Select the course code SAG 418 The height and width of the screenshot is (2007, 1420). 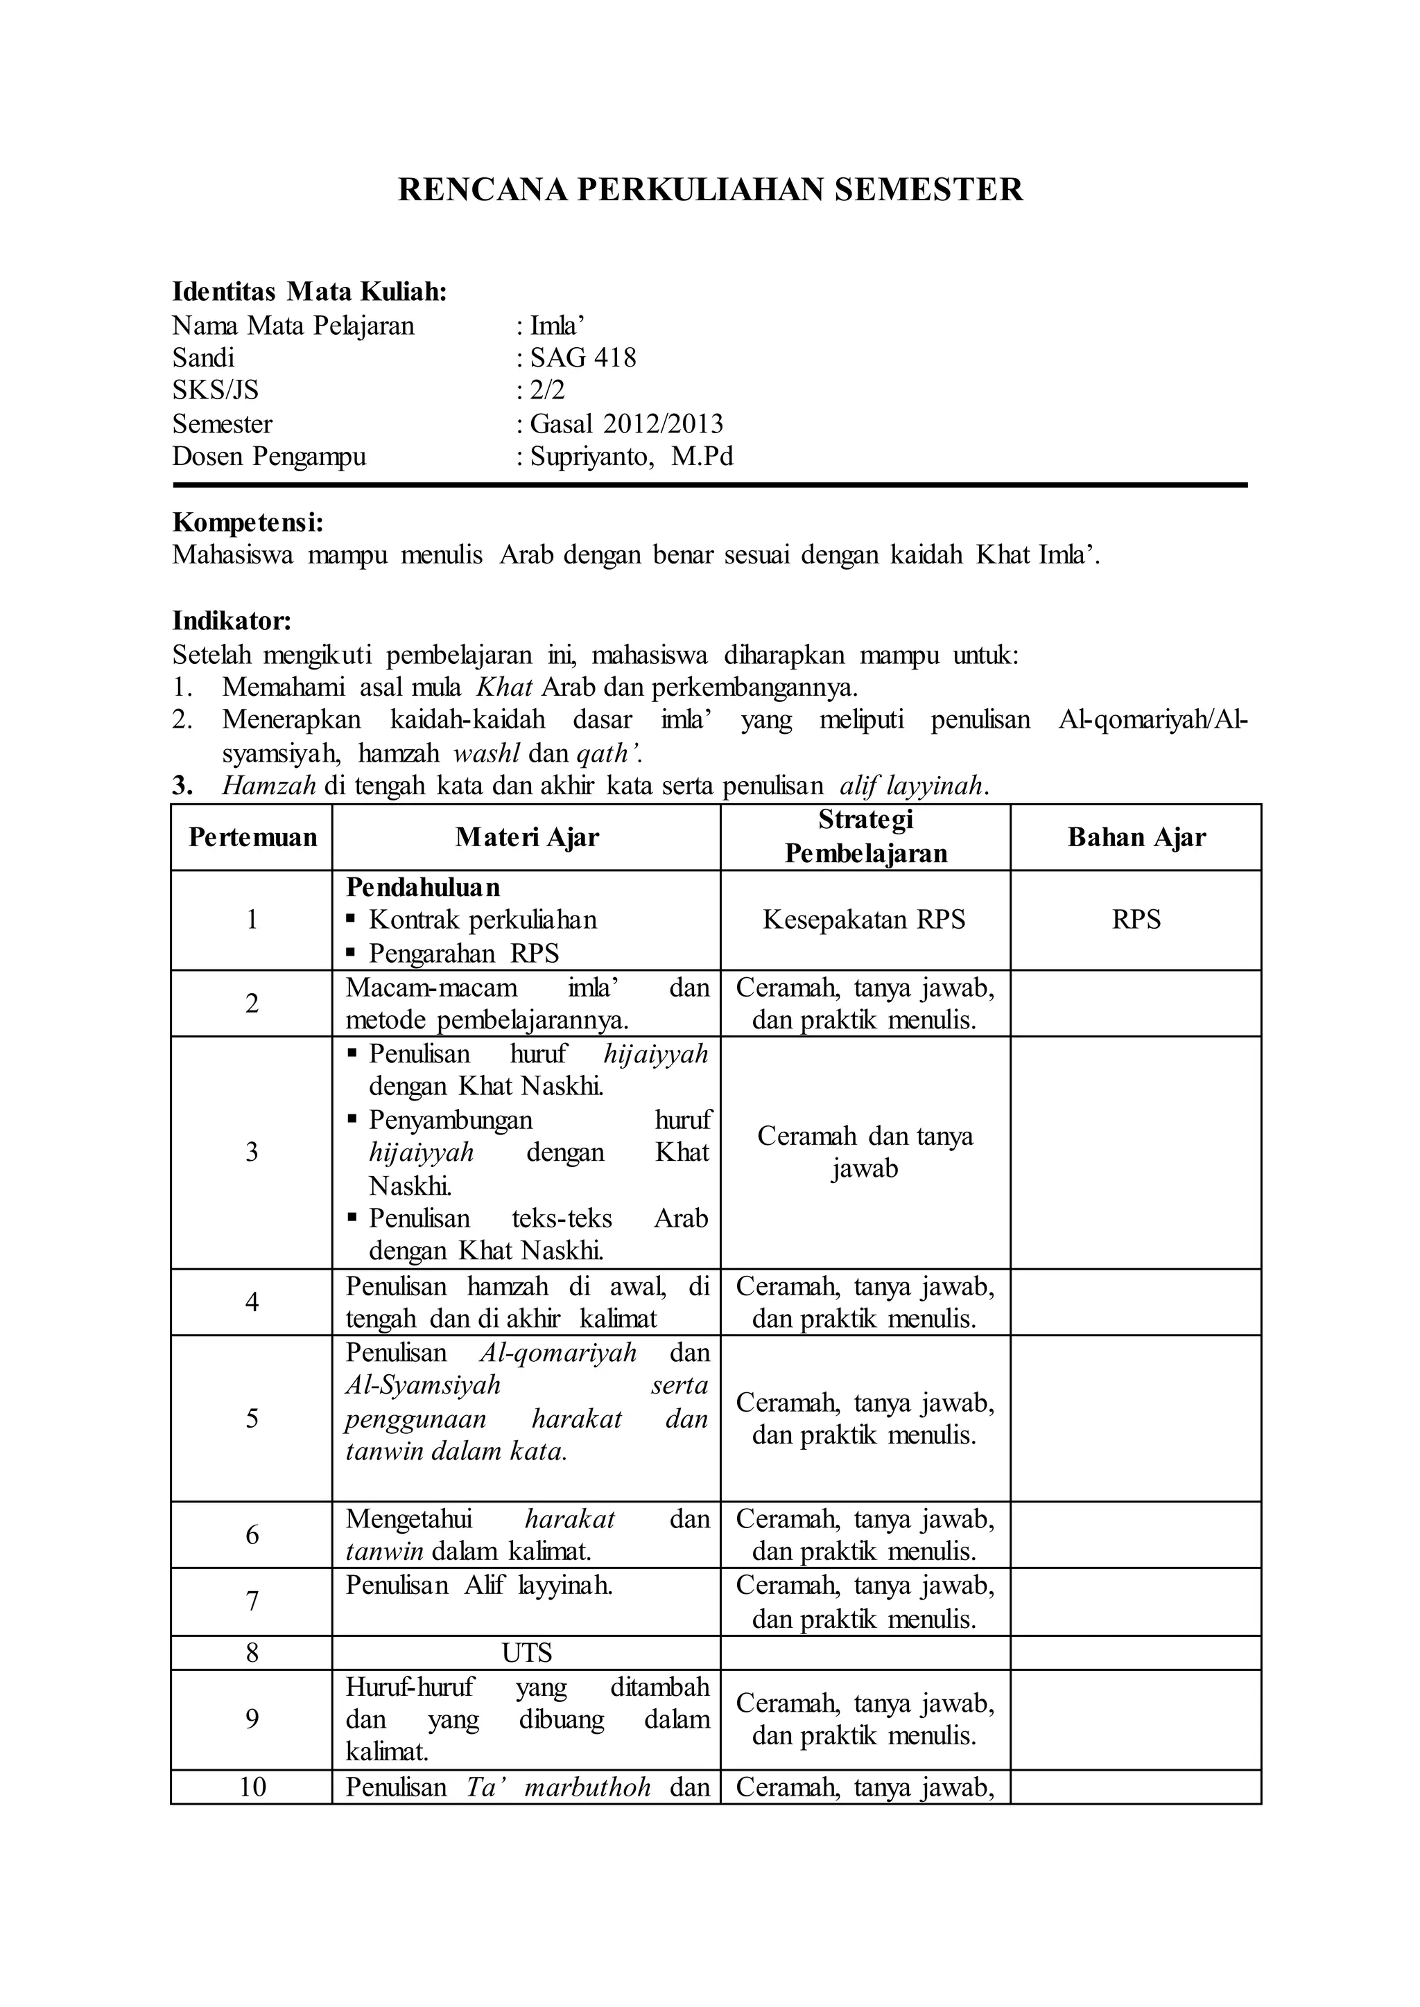pyautogui.click(x=583, y=358)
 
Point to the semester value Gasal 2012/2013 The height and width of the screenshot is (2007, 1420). pyautogui.click(x=627, y=424)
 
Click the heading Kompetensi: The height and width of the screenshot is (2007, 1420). pyautogui.click(x=248, y=523)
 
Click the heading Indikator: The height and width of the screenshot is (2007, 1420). pyautogui.click(x=231, y=622)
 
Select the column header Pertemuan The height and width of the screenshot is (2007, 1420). pyautogui.click(x=252, y=837)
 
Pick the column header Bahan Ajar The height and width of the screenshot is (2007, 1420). pyautogui.click(x=1136, y=837)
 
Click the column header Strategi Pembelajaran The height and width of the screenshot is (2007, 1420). pyautogui.click(x=865, y=836)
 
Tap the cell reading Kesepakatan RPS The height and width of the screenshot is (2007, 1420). pyautogui.click(x=864, y=920)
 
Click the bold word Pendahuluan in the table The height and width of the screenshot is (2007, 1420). pyautogui.click(x=423, y=887)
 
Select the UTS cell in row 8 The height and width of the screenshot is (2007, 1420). pyautogui.click(x=526, y=1653)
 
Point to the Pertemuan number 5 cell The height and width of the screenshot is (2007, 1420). pyautogui.click(x=252, y=1418)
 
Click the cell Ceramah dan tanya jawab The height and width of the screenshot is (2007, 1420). pyautogui.click(x=865, y=1152)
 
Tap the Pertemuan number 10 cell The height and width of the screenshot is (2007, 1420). pyautogui.click(x=252, y=1787)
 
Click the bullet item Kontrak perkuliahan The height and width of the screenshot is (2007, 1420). pyautogui.click(x=483, y=920)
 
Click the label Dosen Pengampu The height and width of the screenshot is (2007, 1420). pyautogui.click(x=268, y=456)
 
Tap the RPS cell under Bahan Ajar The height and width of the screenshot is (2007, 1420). pyautogui.click(x=1136, y=920)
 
